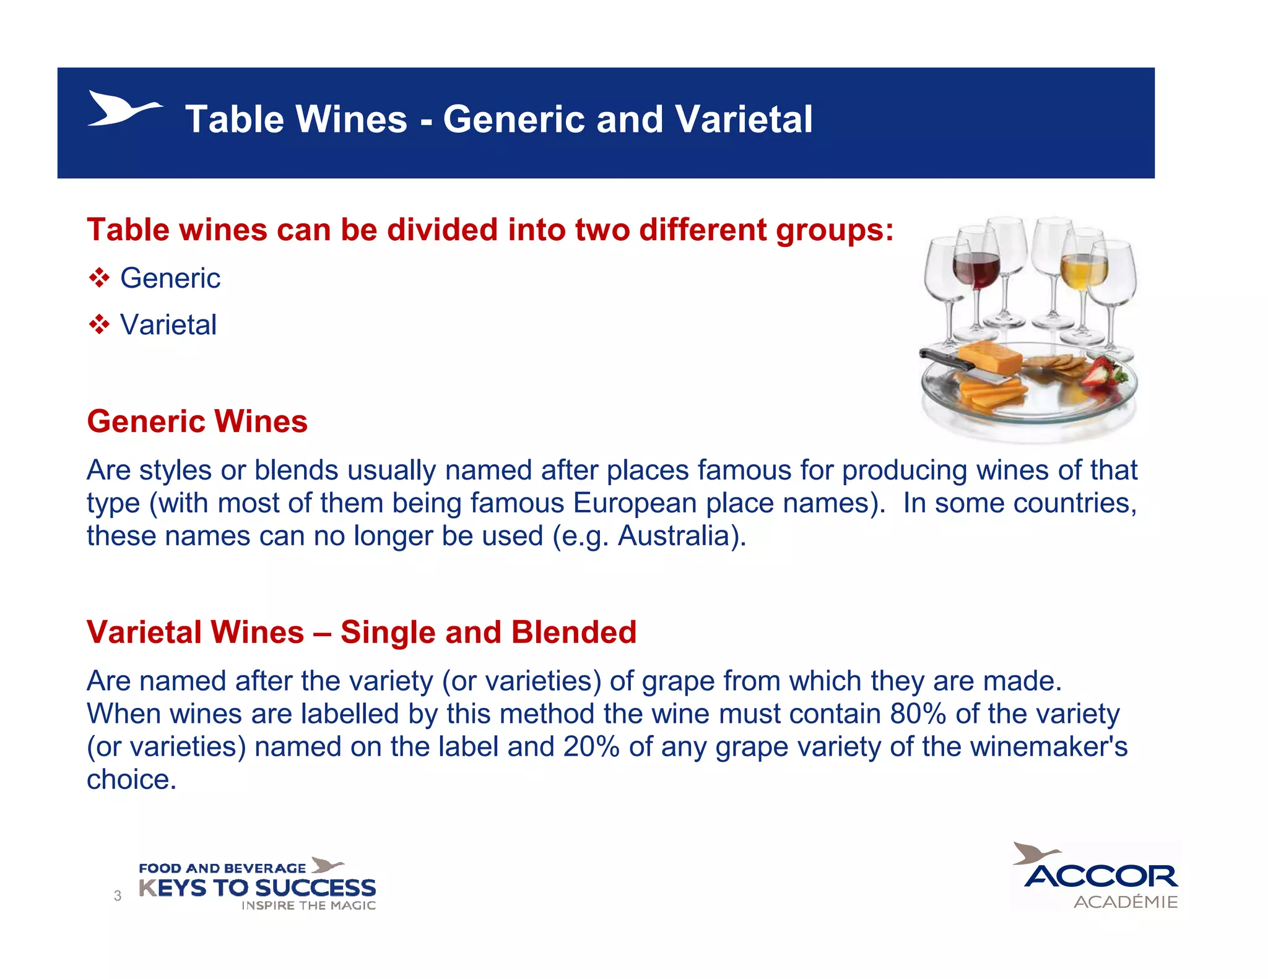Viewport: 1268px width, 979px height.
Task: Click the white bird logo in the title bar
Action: [x=123, y=110]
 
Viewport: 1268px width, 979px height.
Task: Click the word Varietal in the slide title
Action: [x=743, y=119]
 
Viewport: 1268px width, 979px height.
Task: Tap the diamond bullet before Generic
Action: [x=99, y=278]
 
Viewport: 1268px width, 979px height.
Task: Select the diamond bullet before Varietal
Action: [x=99, y=324]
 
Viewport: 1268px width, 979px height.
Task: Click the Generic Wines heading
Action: [x=197, y=421]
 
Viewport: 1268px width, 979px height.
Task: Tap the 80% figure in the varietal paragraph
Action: [x=918, y=714]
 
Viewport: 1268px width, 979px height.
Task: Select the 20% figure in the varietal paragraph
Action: [x=591, y=747]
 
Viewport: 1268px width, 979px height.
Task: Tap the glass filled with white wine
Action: [x=1083, y=272]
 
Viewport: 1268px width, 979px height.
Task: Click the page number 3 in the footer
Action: [x=118, y=895]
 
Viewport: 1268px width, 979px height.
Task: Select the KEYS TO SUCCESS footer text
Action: [x=257, y=888]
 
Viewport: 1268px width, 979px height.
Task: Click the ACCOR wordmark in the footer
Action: [x=1101, y=876]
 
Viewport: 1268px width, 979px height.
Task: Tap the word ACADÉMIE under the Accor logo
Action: [x=1125, y=902]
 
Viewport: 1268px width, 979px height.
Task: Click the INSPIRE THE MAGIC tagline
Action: [x=308, y=906]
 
